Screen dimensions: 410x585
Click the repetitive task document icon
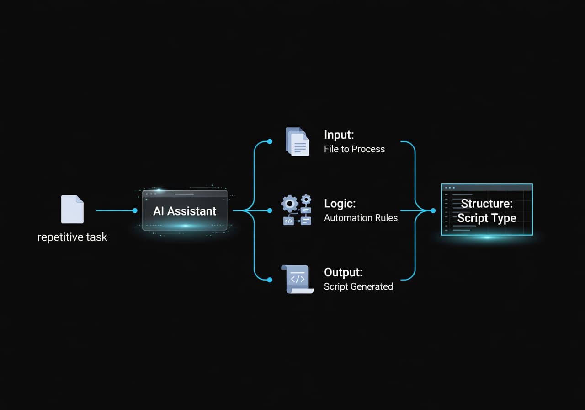coord(72,209)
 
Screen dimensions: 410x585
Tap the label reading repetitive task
coord(72,237)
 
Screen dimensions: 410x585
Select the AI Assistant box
coord(185,210)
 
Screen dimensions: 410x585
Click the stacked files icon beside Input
coord(297,141)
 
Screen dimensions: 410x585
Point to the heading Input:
coord(339,135)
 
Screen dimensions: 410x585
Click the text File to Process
coord(354,149)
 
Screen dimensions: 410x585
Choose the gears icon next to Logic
coord(296,210)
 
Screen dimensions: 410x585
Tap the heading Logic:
coord(340,203)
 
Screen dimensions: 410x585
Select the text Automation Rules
coord(361,218)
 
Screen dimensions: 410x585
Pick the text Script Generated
coord(358,286)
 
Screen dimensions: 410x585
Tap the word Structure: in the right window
coord(487,204)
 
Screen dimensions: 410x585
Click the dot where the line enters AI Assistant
coord(134,210)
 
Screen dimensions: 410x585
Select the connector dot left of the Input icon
coord(270,141)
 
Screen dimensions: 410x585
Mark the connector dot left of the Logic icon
coord(270,210)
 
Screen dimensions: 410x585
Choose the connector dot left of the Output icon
coord(270,280)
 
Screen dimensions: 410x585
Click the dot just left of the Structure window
coord(433,210)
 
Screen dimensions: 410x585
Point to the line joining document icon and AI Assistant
coord(114,210)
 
